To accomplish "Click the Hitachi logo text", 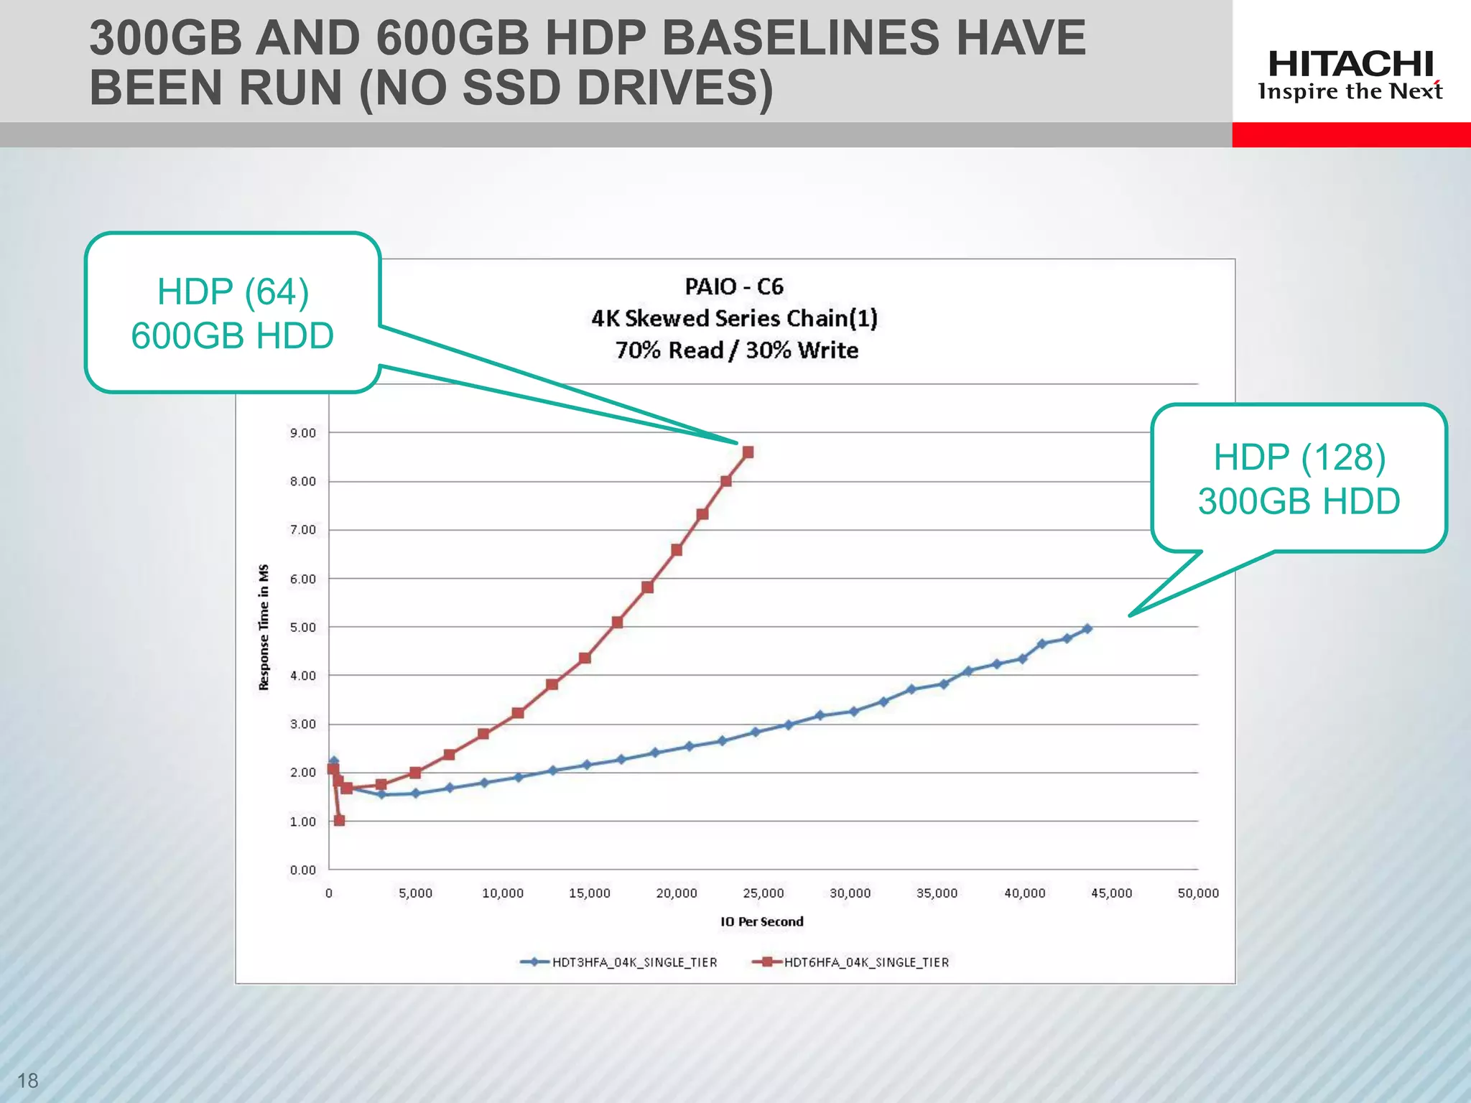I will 1350,65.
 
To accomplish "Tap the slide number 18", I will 27,1080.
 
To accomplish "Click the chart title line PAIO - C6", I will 733,287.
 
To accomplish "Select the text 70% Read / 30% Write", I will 736,350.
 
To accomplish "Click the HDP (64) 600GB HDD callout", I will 233,313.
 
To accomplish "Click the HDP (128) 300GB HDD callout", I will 1299,478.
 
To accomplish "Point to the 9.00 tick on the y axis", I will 303,433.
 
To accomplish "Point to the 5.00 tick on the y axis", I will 303,628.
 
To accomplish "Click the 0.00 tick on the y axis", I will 303,870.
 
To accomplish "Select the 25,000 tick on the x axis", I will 763,893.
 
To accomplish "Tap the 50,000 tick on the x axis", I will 1198,893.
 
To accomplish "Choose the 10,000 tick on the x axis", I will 502,893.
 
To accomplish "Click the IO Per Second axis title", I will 762,922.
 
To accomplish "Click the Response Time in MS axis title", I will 264,627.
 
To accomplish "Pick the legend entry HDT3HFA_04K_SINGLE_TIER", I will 634,962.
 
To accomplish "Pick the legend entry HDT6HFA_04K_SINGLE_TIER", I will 866,962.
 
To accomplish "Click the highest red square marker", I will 748,452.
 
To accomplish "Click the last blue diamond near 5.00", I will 1087,628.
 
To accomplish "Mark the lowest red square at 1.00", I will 339,821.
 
